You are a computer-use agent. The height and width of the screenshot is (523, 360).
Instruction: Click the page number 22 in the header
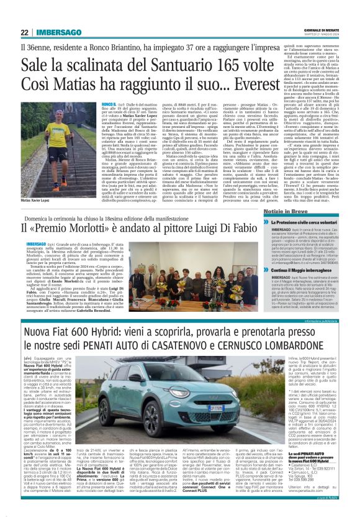(25, 33)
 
